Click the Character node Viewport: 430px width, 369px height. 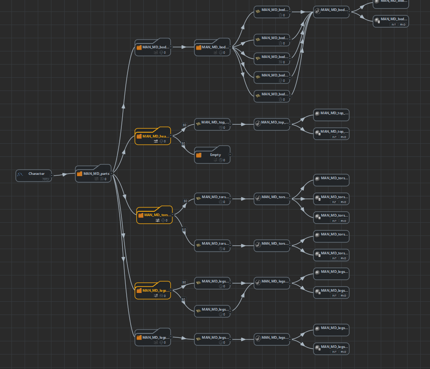pyautogui.click(x=33, y=175)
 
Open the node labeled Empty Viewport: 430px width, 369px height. pyautogui.click(x=212, y=155)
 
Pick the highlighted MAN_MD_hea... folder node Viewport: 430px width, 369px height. pyautogui.click(x=153, y=137)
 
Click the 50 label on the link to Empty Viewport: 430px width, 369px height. pyautogui.click(x=183, y=143)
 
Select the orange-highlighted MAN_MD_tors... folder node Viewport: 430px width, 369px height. pyautogui.click(x=154, y=216)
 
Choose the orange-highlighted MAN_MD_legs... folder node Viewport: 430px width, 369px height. pyautogui.click(x=153, y=291)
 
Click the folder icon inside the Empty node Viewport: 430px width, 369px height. pyautogui.click(x=199, y=155)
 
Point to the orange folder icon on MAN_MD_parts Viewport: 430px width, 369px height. pyautogui.click(x=80, y=174)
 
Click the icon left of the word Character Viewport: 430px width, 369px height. pyautogui.click(x=20, y=174)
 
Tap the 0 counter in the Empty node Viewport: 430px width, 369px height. pyautogui.click(x=224, y=160)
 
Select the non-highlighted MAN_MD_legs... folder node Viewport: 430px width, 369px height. pyautogui.click(x=153, y=338)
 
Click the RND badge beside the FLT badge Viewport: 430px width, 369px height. pyautogui.click(x=343, y=202)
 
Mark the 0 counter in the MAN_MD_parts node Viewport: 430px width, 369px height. pyautogui.click(x=105, y=179)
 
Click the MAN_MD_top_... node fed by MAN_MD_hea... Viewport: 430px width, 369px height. pyautogui.click(x=212, y=124)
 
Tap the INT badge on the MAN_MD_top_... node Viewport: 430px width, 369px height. pyautogui.click(x=334, y=137)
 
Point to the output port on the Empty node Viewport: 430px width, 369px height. pyautogui.click(x=230, y=155)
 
